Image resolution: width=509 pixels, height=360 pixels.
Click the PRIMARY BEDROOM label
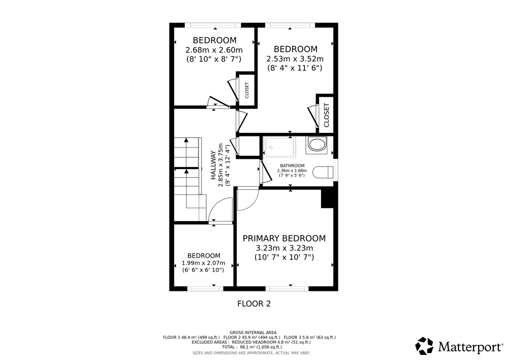pyautogui.click(x=284, y=238)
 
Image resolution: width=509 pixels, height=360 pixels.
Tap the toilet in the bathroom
pyautogui.click(x=323, y=172)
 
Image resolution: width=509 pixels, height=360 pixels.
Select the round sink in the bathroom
pyautogui.click(x=317, y=145)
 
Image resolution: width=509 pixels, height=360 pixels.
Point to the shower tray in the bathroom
pyautogui.click(x=279, y=147)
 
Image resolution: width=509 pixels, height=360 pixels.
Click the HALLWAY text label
pyautogui.click(x=213, y=165)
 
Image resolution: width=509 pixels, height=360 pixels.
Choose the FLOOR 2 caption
pyautogui.click(x=254, y=304)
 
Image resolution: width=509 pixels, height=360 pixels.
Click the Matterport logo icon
pyautogui.click(x=425, y=346)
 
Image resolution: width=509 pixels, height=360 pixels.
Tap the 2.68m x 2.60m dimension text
pyautogui.click(x=214, y=50)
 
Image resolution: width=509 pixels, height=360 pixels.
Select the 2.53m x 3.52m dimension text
pyautogui.click(x=295, y=59)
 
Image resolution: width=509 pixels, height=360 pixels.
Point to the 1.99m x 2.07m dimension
pyautogui.click(x=203, y=263)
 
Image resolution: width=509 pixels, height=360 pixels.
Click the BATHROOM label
pyautogui.click(x=292, y=165)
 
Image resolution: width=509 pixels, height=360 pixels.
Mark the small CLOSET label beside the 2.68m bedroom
pyautogui.click(x=247, y=90)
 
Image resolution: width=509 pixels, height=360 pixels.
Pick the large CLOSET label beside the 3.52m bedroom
pyautogui.click(x=327, y=115)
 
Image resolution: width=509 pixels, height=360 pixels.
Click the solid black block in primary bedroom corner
pyautogui.click(x=327, y=199)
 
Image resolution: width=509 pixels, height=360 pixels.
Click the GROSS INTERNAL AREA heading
pyautogui.click(x=253, y=333)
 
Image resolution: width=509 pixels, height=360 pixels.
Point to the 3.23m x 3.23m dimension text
pyautogui.click(x=285, y=248)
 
